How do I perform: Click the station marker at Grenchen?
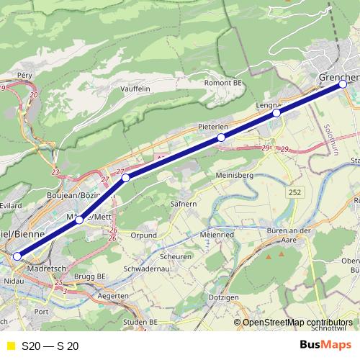(343, 84)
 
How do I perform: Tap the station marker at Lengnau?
(276, 113)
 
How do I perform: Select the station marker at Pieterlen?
(221, 138)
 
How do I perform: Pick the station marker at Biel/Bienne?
(17, 256)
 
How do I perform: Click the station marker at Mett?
(79, 220)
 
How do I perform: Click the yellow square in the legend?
(9, 346)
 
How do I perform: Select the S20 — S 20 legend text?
(50, 346)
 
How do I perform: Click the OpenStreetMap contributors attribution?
(297, 323)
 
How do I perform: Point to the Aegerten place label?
(117, 296)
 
